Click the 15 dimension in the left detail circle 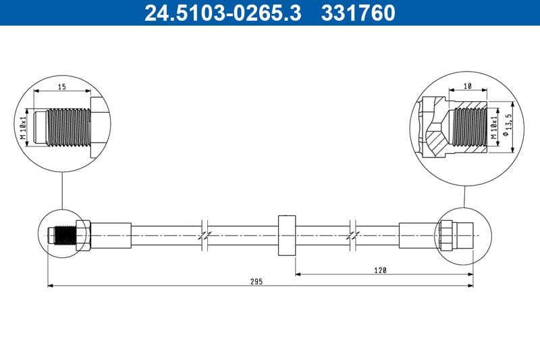point(61,86)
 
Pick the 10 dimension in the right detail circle point(468,86)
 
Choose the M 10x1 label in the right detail point(495,126)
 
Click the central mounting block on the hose point(287,234)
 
